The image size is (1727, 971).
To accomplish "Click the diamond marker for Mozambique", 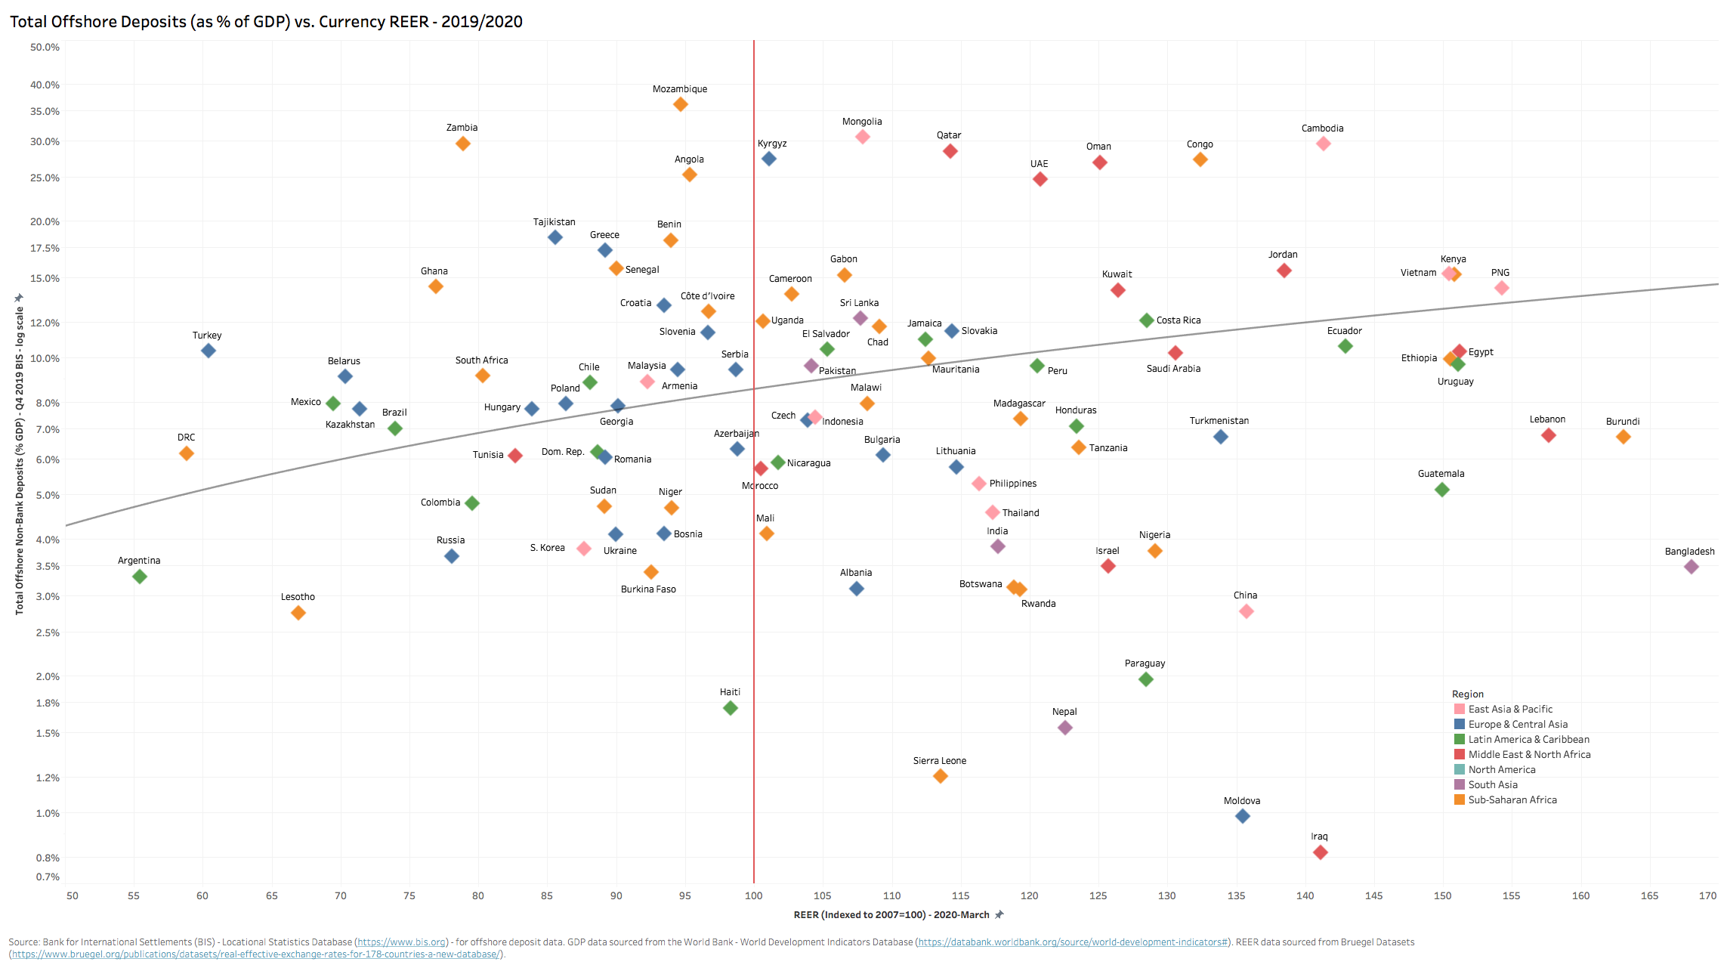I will (x=680, y=104).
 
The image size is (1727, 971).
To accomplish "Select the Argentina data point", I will (x=139, y=577).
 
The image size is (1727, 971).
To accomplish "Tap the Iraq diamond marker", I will (x=1320, y=852).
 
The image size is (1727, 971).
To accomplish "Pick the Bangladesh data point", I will (x=1691, y=567).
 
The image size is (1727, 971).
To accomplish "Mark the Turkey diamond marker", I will (x=209, y=351).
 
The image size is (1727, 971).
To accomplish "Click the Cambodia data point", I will (x=1323, y=144).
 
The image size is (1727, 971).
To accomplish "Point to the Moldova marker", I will (x=1242, y=816).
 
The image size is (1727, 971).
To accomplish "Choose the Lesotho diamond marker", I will (x=298, y=613).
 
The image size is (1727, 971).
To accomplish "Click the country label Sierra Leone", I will (x=939, y=761).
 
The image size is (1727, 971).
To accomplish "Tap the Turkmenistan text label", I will (x=1219, y=421).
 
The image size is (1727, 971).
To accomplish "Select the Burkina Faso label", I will (x=648, y=589).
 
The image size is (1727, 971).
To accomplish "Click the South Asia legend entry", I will (x=1492, y=784).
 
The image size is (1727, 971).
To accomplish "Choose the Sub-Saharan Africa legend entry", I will (x=1512, y=799).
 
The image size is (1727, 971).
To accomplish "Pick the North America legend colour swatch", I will (x=1460, y=769).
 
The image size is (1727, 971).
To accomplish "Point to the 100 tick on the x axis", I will (x=753, y=895).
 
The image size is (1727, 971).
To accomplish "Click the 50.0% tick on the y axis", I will (x=45, y=47).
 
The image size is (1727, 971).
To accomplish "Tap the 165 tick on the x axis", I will (x=1649, y=895).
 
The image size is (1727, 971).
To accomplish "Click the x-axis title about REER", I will (x=891, y=915).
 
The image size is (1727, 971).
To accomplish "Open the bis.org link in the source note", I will (x=401, y=942).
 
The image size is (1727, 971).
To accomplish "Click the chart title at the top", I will (x=266, y=21).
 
